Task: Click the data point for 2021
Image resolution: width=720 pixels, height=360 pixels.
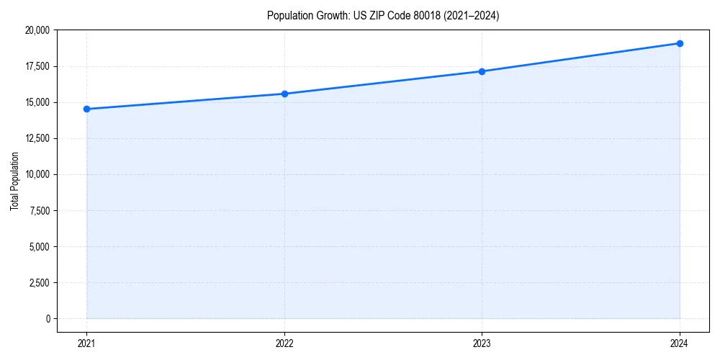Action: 86,109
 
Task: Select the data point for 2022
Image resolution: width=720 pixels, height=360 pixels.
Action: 284,94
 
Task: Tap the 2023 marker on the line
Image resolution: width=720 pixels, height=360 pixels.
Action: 482,71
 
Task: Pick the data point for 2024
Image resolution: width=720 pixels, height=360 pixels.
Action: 680,43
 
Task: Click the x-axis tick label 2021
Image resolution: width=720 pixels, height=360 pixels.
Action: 86,343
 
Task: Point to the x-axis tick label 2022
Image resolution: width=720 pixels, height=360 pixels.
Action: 284,343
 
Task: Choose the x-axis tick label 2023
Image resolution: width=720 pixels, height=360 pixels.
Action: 482,343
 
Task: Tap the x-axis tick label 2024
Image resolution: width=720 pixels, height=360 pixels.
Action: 680,343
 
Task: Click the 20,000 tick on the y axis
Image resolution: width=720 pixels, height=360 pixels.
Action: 37,30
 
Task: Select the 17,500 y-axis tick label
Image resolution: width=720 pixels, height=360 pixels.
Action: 37,66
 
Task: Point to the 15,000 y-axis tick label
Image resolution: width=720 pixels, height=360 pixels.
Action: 37,102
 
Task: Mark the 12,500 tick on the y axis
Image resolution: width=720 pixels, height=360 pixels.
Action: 37,138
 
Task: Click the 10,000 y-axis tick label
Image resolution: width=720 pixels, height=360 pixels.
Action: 37,174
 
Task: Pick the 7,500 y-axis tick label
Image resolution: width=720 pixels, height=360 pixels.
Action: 40,210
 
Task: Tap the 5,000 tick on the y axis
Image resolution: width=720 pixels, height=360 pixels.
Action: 40,246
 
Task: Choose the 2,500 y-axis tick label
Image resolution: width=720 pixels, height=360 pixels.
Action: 40,282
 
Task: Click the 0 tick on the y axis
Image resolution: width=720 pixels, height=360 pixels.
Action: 48,318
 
